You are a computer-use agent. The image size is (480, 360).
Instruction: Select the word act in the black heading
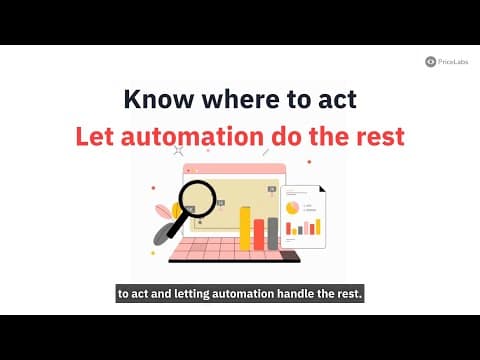click(x=336, y=99)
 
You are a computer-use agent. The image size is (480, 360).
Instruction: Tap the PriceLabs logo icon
click(x=430, y=61)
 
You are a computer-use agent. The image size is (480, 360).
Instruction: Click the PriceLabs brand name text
click(x=453, y=61)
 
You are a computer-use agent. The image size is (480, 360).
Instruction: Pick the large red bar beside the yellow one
click(x=258, y=234)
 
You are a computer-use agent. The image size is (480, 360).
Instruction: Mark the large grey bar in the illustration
click(x=272, y=232)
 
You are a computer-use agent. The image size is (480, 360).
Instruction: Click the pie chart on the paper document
click(x=292, y=206)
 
